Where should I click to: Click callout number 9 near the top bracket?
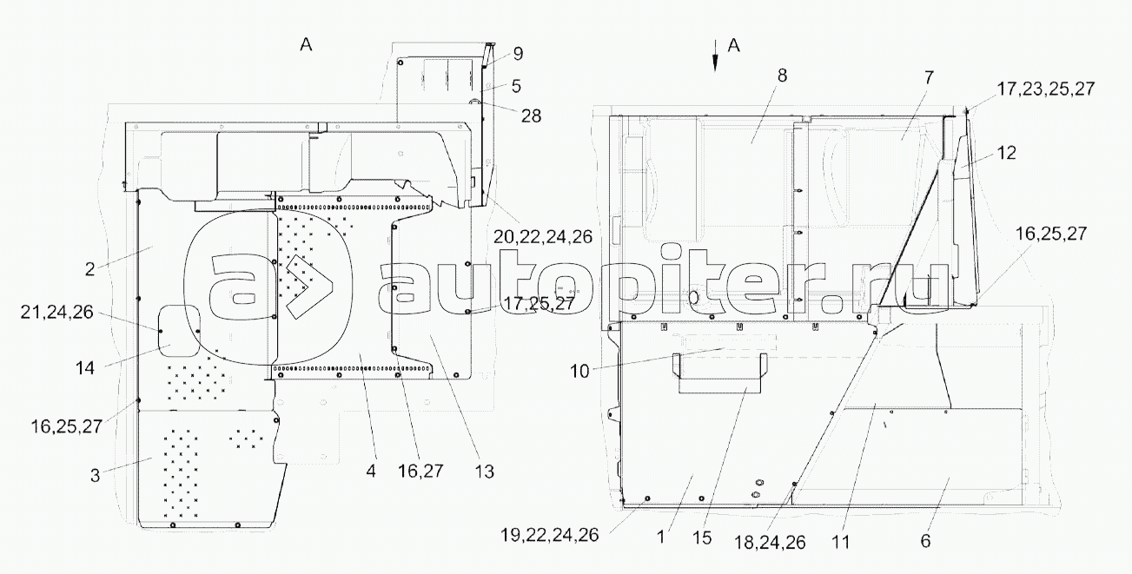(x=518, y=54)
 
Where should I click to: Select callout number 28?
(x=531, y=116)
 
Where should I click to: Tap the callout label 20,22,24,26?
(x=542, y=236)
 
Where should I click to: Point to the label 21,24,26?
(x=57, y=313)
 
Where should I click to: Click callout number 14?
(x=85, y=368)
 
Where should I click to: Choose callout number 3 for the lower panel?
(x=95, y=476)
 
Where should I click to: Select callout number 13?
(x=484, y=472)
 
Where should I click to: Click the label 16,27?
(x=420, y=472)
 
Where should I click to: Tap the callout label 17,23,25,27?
(x=1046, y=89)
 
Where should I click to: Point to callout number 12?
(x=1006, y=153)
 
